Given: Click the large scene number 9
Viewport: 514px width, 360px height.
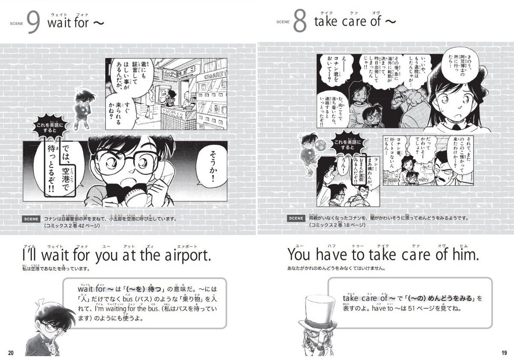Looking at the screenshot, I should pos(33,23).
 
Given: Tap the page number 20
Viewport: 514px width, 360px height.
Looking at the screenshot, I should pos(11,353).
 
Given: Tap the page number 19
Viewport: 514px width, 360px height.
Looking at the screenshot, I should pos(504,353).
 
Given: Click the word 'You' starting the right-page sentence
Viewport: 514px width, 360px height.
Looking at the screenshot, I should pos(299,255).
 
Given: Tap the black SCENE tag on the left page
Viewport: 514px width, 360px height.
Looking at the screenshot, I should pos(31,219).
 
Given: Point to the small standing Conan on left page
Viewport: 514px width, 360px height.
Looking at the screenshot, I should pos(81,110).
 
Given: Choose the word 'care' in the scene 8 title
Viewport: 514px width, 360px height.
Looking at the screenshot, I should pos(349,21).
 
